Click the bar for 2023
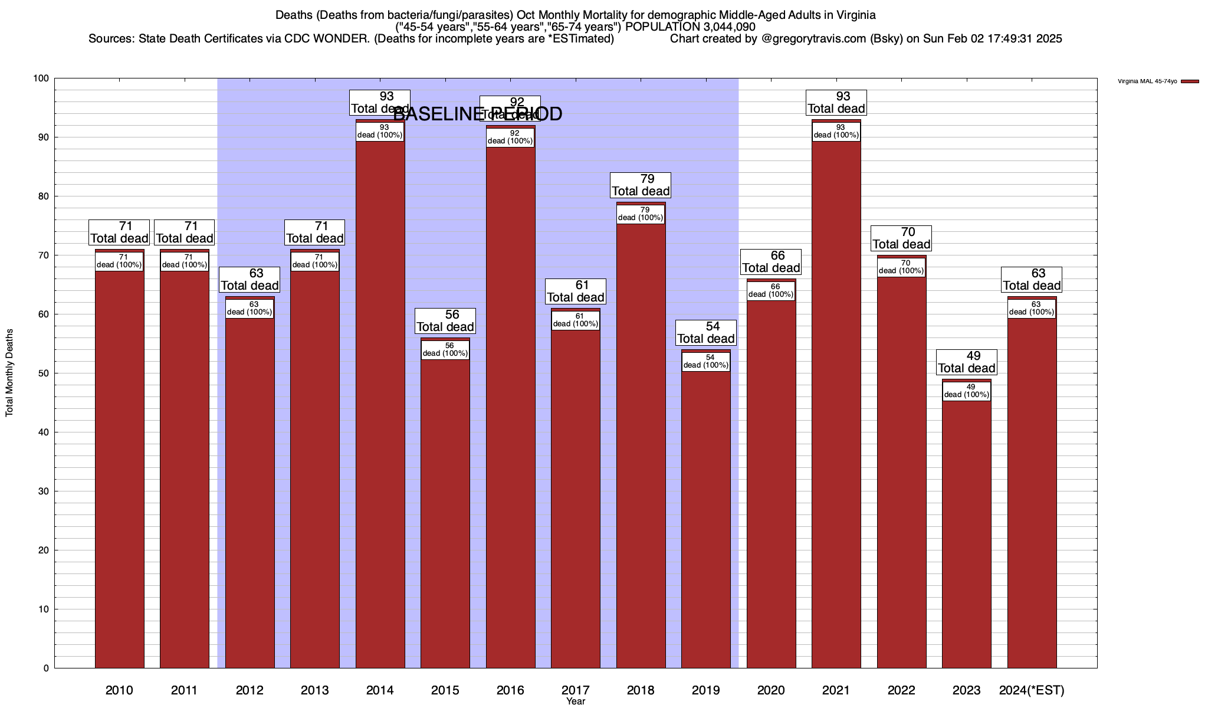966,531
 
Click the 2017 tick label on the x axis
575,690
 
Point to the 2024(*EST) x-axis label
1032,690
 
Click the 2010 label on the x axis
119,690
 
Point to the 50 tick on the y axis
44,373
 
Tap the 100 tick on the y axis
41,78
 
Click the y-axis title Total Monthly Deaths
9,372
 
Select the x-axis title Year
575,702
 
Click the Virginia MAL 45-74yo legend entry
1147,81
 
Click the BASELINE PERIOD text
478,114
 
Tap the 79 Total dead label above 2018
641,185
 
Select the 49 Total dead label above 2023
967,362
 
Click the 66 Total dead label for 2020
771,262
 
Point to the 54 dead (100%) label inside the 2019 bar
705,362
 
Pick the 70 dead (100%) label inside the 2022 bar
901,267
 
